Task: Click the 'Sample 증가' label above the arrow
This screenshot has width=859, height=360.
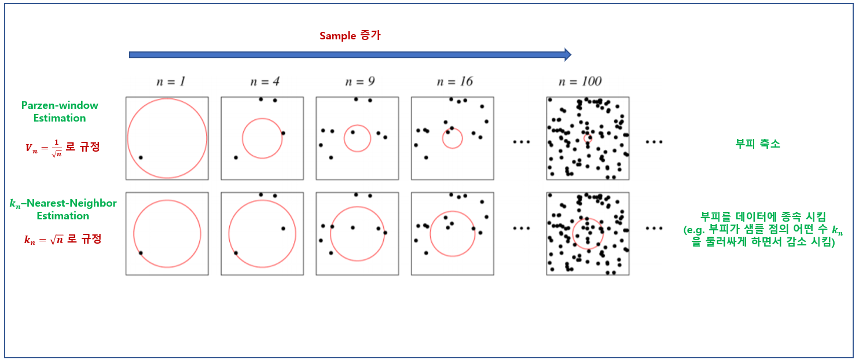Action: (350, 35)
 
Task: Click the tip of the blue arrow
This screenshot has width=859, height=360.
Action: (570, 54)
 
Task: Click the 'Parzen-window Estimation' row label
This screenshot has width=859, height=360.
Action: (60, 112)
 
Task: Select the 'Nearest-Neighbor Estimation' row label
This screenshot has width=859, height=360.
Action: (63, 210)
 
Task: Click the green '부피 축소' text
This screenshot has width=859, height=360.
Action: (758, 144)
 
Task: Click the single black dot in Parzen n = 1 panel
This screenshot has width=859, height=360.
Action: (141, 157)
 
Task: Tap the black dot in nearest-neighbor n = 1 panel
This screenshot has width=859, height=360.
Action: (141, 252)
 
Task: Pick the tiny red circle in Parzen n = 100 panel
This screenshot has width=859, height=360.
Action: (588, 138)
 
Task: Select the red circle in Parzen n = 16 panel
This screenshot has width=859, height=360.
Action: (453, 138)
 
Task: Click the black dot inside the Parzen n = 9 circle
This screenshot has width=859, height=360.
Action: (353, 132)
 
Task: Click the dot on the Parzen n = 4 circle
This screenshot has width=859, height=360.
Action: (283, 133)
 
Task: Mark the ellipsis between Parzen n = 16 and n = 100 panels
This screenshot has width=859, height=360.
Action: (521, 141)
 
